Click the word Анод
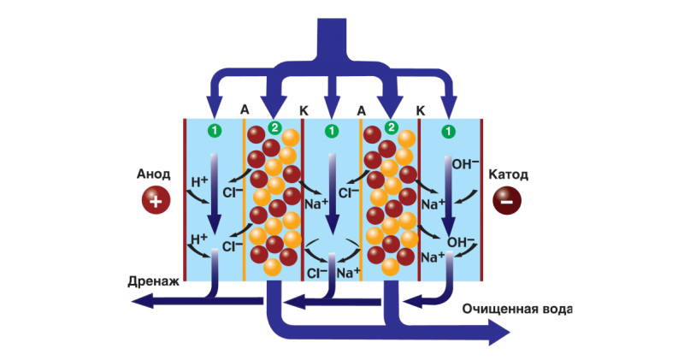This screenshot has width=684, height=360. tap(154, 174)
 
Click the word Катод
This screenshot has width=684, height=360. tap(508, 174)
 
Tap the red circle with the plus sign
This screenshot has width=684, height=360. tap(156, 200)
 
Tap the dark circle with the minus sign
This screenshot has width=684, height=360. tap(507, 200)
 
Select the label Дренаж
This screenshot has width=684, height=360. tap(154, 281)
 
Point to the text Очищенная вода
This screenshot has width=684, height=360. tap(517, 310)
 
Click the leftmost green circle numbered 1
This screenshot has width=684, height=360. tap(215, 131)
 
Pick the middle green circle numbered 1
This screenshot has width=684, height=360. tap(332, 131)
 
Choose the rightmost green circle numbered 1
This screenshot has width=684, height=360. tap(448, 131)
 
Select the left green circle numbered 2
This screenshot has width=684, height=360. tap(274, 127)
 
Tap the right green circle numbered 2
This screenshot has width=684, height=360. tap(392, 127)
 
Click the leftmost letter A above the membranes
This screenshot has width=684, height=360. tap(245, 109)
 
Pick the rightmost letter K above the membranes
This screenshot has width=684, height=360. tap(420, 111)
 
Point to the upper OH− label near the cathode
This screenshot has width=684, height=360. tap(465, 164)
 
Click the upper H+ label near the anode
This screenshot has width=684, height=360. tap(199, 181)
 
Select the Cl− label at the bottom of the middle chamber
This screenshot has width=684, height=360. tap(317, 273)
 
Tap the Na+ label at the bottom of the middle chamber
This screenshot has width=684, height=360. tap(349, 273)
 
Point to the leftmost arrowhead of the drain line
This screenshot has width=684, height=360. tap(142, 301)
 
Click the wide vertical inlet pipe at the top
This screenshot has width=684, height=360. tap(330, 38)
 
